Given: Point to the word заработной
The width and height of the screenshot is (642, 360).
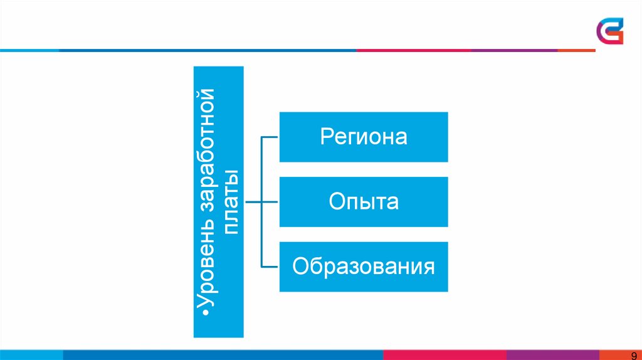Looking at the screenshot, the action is tap(206, 163).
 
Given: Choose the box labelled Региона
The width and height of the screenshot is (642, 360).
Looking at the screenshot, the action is tap(364, 137).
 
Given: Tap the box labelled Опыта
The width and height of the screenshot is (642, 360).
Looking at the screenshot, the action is tap(364, 202).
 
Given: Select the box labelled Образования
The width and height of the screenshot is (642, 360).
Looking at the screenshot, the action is tap(364, 266).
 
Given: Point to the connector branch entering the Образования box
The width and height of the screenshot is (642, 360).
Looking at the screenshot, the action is tap(270, 267).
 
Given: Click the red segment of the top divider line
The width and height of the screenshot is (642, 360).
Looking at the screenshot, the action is tap(414, 50).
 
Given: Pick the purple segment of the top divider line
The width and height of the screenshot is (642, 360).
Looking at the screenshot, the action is tap(514, 50).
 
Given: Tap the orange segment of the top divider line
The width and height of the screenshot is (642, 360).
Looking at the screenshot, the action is tap(577, 50).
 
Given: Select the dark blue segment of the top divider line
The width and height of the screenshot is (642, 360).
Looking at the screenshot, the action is tap(207, 50).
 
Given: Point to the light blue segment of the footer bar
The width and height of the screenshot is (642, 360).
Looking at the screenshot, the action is tap(31, 355).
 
